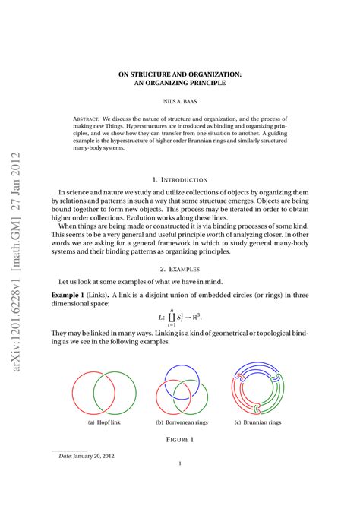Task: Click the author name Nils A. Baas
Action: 179,101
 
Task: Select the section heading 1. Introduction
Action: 179,179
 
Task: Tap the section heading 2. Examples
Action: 179,269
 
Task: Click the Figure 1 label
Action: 180,439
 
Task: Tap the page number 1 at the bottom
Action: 180,485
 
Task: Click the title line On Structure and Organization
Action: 179,74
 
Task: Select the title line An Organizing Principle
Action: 179,83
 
